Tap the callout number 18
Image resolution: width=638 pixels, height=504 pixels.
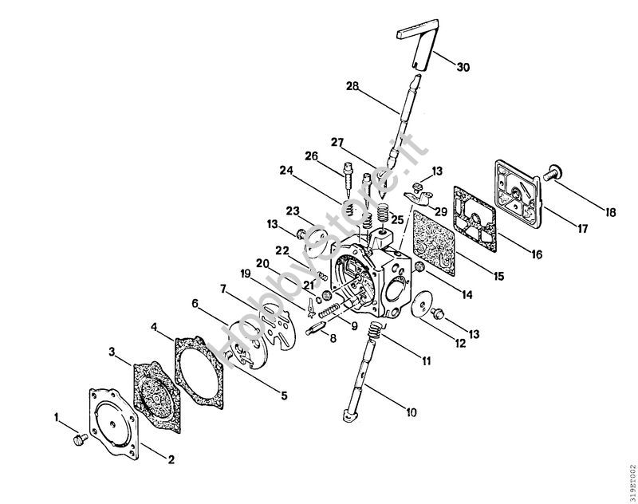point(610,213)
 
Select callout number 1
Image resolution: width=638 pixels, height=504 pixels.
point(57,416)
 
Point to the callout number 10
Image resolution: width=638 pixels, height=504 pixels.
point(412,413)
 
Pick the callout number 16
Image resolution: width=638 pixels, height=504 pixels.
point(535,255)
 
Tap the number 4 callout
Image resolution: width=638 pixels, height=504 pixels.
point(154,325)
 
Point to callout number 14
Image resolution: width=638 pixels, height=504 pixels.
point(467,294)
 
